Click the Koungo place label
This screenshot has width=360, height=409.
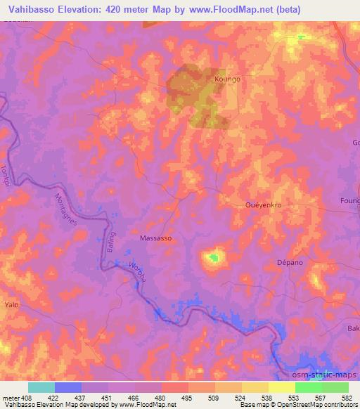(227, 79)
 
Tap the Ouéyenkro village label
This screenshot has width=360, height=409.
(263, 204)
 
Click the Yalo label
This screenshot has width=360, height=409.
(11, 305)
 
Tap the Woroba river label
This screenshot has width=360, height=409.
(138, 273)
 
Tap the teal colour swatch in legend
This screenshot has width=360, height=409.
(41, 387)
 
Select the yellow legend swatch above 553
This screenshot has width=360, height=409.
(281, 387)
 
